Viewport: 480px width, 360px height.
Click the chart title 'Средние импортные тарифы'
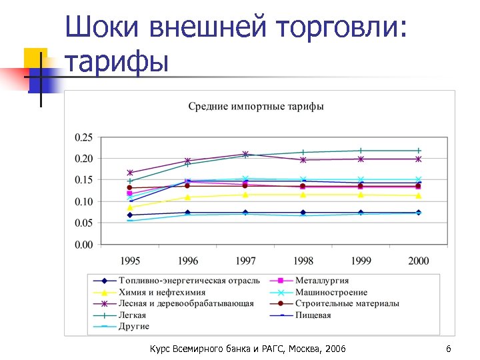256,107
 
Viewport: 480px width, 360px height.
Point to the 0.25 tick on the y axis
83,137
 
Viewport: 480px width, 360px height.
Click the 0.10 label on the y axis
83,202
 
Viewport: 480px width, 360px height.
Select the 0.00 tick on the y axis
83,245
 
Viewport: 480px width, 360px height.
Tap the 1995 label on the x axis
129,261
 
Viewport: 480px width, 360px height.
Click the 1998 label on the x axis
303,261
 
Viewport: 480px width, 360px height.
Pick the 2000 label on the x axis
418,261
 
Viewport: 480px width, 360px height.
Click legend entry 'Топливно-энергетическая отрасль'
189,281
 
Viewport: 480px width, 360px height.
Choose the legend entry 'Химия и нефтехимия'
162,292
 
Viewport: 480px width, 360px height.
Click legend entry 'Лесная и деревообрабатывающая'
186,303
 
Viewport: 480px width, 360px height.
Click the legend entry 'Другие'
134,327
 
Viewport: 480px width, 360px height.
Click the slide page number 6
449,349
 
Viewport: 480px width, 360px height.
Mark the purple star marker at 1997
245,155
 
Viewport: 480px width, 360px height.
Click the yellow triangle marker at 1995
129,208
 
